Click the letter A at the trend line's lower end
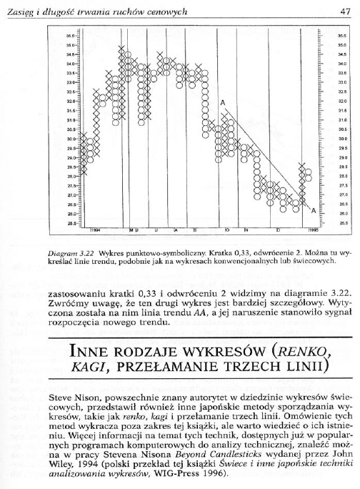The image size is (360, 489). tap(313, 210)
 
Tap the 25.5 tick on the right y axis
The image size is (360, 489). tap(323, 223)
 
